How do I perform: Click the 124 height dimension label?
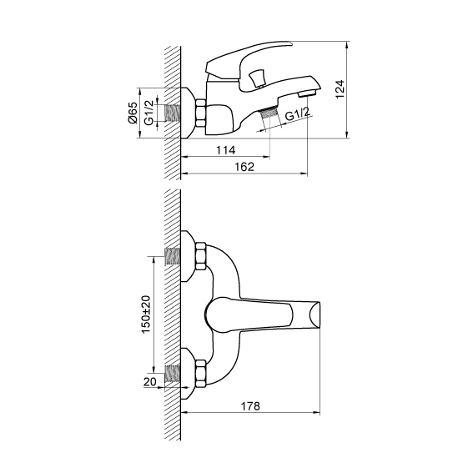[340, 89]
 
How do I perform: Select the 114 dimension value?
[225, 150]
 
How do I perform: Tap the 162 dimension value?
[244, 167]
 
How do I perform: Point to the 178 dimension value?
[250, 406]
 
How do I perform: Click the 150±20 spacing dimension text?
[147, 314]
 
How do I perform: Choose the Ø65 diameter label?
[133, 113]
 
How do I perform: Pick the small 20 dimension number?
[150, 381]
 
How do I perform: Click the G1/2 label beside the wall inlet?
[148, 113]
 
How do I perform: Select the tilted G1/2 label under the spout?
[298, 114]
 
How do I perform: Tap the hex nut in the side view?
[200, 113]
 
